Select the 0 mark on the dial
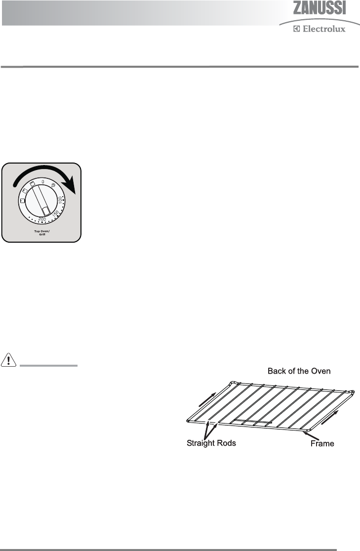coord(42,182)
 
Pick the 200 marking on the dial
coord(42,219)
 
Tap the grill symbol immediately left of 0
coord(33,184)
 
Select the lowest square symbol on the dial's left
coord(22,201)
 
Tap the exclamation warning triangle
coord(9,360)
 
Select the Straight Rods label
coord(211,443)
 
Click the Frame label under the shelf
coord(322,443)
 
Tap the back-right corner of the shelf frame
coord(352,393)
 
